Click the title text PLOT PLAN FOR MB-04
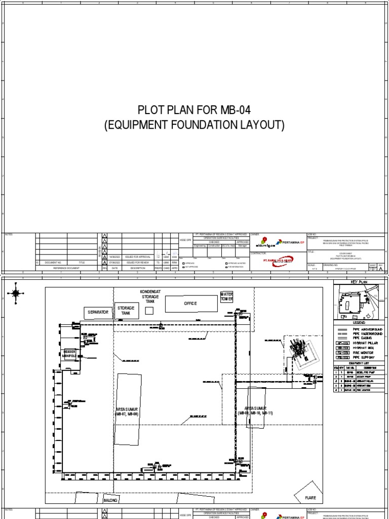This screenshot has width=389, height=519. coord(194,110)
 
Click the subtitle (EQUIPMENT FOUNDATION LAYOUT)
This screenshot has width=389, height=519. coord(194,125)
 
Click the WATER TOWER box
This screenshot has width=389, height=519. coord(225,296)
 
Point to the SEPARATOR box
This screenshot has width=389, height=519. coord(98,313)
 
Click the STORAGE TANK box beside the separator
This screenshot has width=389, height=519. coord(125,310)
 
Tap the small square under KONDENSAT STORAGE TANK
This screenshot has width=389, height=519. coord(149,311)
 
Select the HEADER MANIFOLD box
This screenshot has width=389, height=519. coord(69,354)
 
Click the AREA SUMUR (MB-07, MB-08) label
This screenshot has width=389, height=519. coord(126,411)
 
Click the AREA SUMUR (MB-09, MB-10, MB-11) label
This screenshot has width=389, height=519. coord(255,410)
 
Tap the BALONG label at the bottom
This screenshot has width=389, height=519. coord(110,500)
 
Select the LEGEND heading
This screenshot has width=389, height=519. coord(359,322)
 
